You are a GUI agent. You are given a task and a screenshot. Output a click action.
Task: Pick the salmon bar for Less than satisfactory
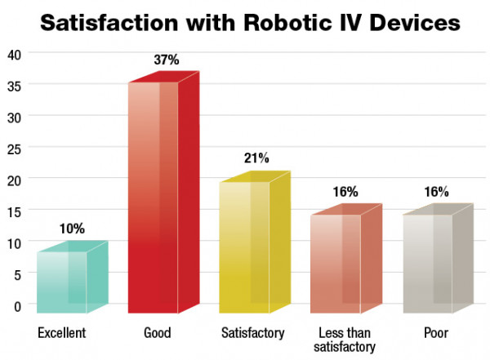(x=346, y=261)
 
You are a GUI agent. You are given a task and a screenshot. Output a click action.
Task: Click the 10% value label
(x=72, y=229)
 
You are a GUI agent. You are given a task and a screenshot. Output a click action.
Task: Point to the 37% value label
(x=165, y=60)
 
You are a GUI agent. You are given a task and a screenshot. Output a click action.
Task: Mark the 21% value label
(x=256, y=158)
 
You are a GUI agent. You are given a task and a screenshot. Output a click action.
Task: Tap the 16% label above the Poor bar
(x=436, y=192)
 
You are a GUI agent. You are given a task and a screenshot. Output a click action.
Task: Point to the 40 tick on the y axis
(x=14, y=53)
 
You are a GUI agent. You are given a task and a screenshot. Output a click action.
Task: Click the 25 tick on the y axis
(x=14, y=147)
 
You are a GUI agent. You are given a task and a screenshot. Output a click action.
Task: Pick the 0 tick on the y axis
(x=17, y=305)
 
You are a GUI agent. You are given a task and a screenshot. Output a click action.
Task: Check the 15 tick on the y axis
(x=14, y=211)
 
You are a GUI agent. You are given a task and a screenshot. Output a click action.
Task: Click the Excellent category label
(x=61, y=333)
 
